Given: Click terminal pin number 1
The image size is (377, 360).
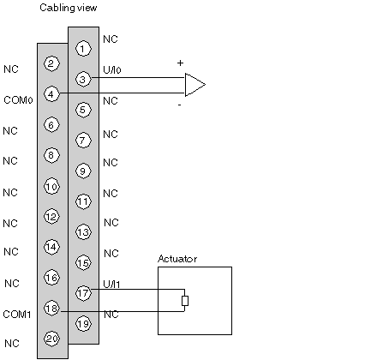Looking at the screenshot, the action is click(x=83, y=49).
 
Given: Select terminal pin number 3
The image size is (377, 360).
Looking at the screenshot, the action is click(x=83, y=79).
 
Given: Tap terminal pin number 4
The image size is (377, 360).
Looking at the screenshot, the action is click(x=51, y=94).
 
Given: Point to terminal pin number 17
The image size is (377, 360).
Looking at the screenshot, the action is click(x=83, y=293).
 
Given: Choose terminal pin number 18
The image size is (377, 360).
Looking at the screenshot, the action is click(x=51, y=309).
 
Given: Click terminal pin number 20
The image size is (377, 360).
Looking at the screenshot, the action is click(x=51, y=339).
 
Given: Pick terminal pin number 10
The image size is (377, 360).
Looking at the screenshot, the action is click(x=51, y=187).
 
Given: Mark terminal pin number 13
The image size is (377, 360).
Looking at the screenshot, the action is click(x=83, y=231).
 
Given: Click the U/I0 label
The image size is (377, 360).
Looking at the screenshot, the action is click(x=112, y=69).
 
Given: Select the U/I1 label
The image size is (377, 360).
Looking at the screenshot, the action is click(x=111, y=284).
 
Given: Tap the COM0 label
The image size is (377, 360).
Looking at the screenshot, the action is click(x=18, y=100).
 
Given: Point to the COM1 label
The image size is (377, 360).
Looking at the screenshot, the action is click(x=17, y=315).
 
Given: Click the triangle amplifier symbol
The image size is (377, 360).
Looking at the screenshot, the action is click(x=195, y=85).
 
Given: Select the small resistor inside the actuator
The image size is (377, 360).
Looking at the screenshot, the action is click(x=185, y=301).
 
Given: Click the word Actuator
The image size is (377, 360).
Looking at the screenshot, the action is click(x=177, y=259).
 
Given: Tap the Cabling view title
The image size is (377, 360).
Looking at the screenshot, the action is click(x=69, y=8).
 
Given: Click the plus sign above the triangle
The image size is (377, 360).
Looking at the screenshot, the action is click(x=180, y=63).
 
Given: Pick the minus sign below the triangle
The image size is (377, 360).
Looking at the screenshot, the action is click(x=179, y=105).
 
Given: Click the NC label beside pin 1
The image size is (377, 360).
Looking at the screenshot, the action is click(x=111, y=39).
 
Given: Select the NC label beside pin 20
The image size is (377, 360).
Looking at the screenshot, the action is click(x=12, y=343).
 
